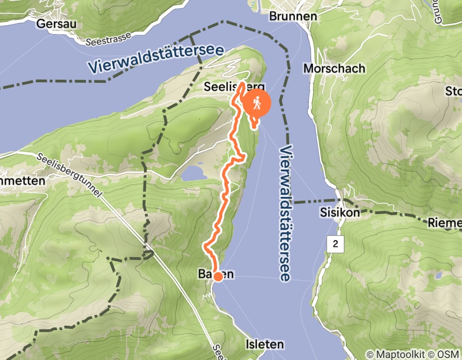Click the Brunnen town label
pyautogui.click(x=293, y=16)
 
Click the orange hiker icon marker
pyautogui.click(x=256, y=103)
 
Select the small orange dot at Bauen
pyautogui.click(x=218, y=277)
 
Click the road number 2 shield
pyautogui.click(x=335, y=244)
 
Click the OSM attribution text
pyautogui.click(x=448, y=354)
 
